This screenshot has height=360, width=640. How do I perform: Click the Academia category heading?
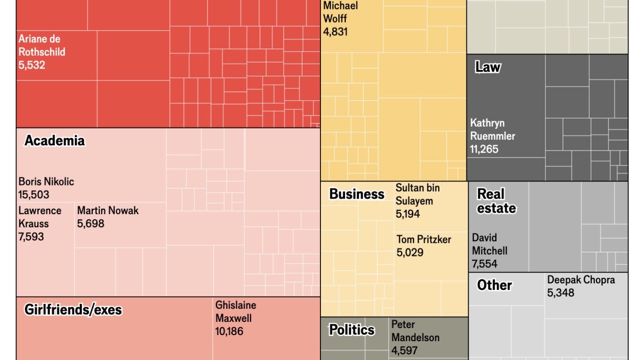(x=55, y=141)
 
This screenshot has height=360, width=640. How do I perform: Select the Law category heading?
(x=488, y=67)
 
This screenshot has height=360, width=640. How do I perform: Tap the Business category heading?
(x=357, y=194)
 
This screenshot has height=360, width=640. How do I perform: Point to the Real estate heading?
(x=496, y=201)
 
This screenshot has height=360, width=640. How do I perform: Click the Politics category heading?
(x=352, y=330)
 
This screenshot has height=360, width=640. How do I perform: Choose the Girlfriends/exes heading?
(x=73, y=310)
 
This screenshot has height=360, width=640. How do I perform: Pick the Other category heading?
(x=494, y=285)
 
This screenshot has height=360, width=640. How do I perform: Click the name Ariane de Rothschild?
(x=41, y=46)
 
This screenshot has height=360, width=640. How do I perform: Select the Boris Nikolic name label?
(x=46, y=182)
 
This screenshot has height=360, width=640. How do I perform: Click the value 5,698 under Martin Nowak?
(x=91, y=224)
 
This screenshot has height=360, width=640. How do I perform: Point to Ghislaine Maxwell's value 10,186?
(x=230, y=331)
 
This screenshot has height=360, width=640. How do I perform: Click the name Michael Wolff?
(x=341, y=12)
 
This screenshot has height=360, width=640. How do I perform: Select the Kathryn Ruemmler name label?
(x=493, y=129)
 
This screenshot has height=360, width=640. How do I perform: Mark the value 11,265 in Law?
(x=484, y=149)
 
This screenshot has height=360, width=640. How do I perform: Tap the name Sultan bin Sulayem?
(x=417, y=194)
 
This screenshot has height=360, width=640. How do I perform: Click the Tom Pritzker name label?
(x=424, y=240)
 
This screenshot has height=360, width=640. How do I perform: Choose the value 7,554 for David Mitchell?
(x=485, y=264)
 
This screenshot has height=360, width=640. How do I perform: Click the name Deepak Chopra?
(x=581, y=280)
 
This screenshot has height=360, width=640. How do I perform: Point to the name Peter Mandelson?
(x=415, y=331)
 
